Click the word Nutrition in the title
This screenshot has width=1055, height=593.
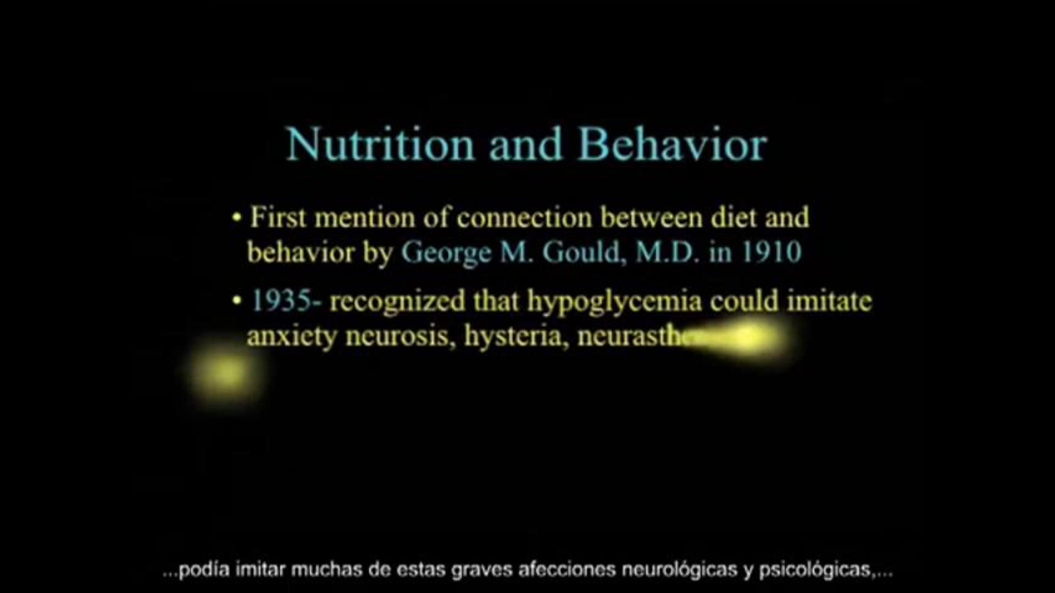point(380,145)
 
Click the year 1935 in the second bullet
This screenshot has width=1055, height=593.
point(281,301)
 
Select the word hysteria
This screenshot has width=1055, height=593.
point(515,336)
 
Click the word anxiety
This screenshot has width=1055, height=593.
point(291,336)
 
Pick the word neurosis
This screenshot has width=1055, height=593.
point(400,336)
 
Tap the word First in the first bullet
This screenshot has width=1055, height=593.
point(278,218)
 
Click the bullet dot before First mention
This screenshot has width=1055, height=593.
point(237,218)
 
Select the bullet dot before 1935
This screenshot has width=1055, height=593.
point(237,301)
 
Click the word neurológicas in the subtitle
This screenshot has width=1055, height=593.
point(679,570)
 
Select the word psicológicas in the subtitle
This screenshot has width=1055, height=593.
point(818,570)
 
